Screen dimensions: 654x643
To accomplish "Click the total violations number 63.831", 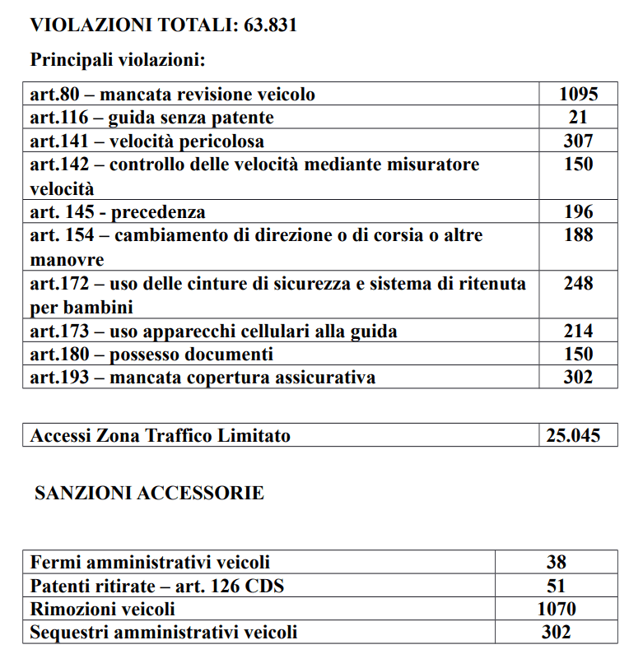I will point(270,26).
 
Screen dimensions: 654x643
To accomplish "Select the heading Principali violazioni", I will point(117,60).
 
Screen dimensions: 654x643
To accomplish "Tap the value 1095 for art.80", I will point(578,94).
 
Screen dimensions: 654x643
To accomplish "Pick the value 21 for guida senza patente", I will point(578,118).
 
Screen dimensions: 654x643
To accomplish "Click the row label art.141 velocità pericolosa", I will point(147,141).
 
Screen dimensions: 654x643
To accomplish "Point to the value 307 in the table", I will point(578,141).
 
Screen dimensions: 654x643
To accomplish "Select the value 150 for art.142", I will point(578,165).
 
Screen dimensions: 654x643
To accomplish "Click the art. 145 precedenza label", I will point(118,212).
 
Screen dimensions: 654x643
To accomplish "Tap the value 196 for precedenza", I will point(578,212).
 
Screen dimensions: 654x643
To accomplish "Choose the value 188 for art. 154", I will point(578,235).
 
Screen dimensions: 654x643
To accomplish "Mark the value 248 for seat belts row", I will point(578,284).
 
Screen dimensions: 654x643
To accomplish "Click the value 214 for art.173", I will point(578,331).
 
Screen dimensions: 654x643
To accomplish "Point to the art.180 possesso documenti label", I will point(151,355).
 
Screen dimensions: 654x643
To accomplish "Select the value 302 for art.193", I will point(578,378).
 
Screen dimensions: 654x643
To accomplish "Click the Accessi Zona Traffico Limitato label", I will point(161,435).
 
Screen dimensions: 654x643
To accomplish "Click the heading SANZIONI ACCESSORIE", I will point(149,494).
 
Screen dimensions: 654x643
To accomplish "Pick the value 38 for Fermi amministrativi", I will point(557,563).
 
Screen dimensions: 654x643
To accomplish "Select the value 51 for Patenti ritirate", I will point(557,587).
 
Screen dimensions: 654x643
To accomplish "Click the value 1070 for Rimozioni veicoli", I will point(557,610).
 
